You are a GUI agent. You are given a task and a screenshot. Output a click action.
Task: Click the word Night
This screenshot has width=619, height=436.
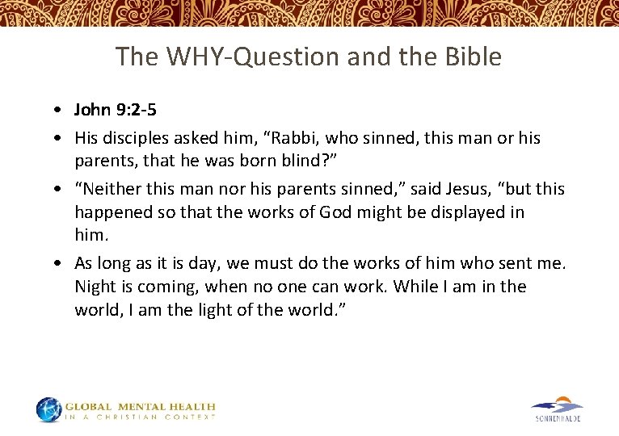click(95, 287)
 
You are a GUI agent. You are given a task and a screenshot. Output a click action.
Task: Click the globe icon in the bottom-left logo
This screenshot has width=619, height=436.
click(48, 409)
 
